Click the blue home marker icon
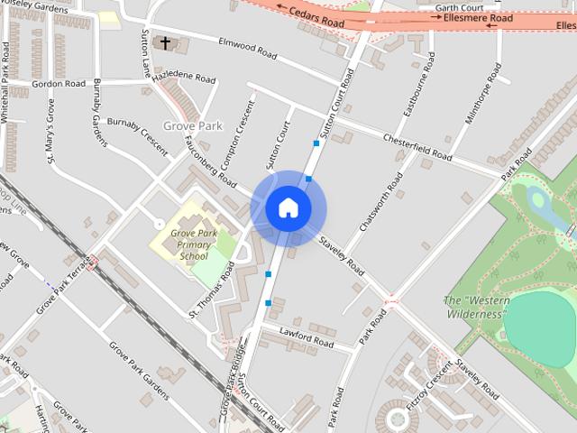pos(288,207)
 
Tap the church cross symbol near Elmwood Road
pos(165,42)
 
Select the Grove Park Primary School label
pos(193,244)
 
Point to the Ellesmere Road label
pos(478,17)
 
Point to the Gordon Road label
pos(58,84)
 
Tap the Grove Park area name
pos(192,126)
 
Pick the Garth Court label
pos(459,6)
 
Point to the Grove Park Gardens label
pos(139,370)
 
